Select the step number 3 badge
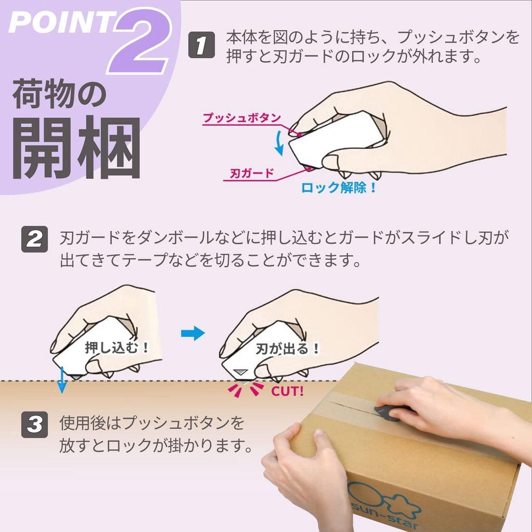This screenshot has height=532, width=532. click(x=35, y=424)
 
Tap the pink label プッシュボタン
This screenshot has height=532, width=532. click(x=242, y=118)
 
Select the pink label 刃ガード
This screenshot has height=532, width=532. click(x=251, y=173)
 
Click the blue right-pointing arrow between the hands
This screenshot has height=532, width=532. click(x=193, y=334)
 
